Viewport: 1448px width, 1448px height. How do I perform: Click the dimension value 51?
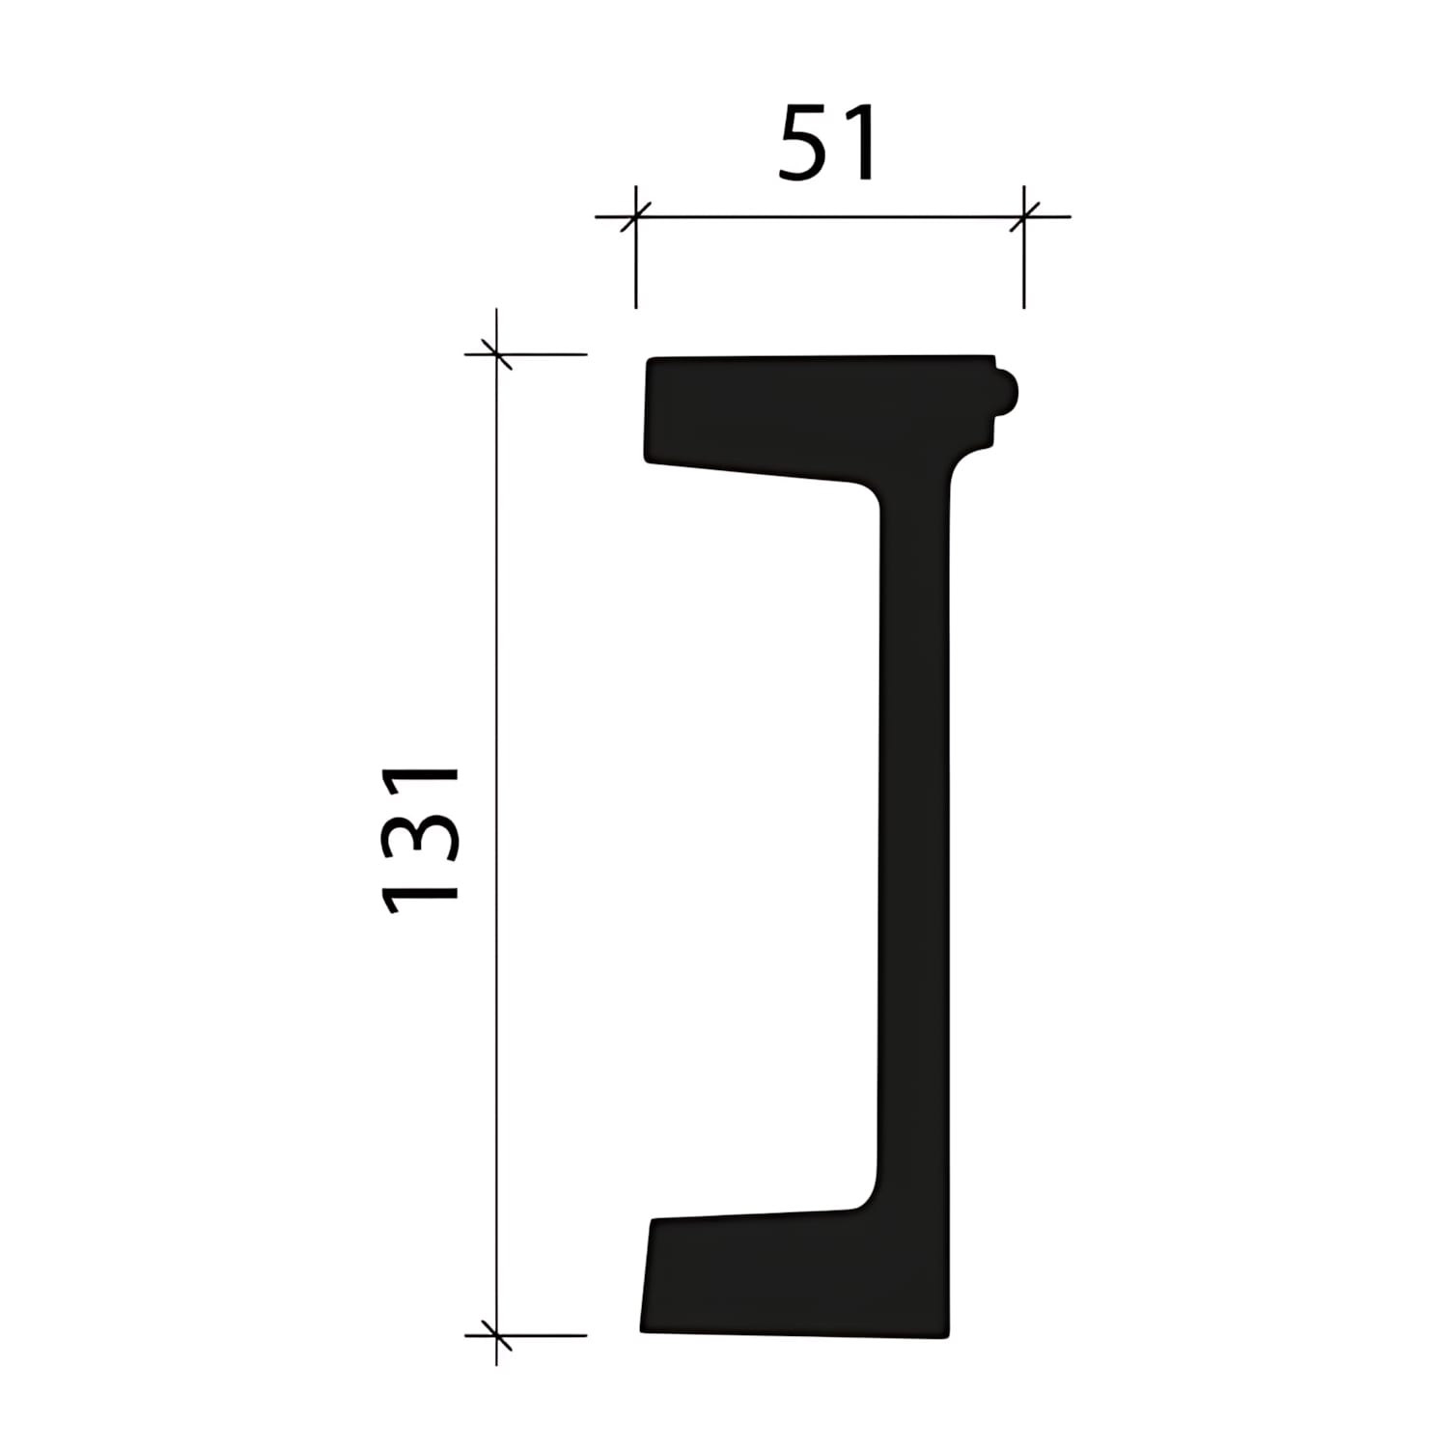(x=828, y=143)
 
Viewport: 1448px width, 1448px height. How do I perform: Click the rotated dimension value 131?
(x=421, y=839)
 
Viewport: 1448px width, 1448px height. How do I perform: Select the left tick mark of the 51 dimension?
(x=635, y=216)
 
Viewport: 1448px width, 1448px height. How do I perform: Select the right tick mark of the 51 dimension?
(x=1024, y=216)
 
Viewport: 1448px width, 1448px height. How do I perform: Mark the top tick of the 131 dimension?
(x=496, y=354)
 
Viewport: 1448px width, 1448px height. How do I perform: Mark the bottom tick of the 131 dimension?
(x=496, y=1336)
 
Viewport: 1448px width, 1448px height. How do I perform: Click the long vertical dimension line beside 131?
(x=496, y=838)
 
